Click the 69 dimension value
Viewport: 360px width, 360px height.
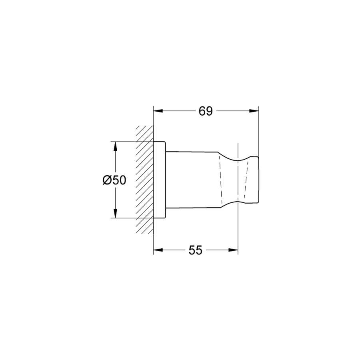[206, 111]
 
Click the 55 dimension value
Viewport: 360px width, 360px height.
[195, 250]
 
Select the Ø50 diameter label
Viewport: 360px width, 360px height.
[114, 180]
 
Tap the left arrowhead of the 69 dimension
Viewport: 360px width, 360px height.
[158, 111]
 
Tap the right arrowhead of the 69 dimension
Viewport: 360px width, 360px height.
[254, 111]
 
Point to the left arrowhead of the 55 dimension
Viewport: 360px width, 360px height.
[158, 250]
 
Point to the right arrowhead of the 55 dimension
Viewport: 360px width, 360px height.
[233, 250]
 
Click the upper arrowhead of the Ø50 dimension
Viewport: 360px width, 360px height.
[115, 146]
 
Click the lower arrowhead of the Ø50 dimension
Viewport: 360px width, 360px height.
[115, 213]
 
